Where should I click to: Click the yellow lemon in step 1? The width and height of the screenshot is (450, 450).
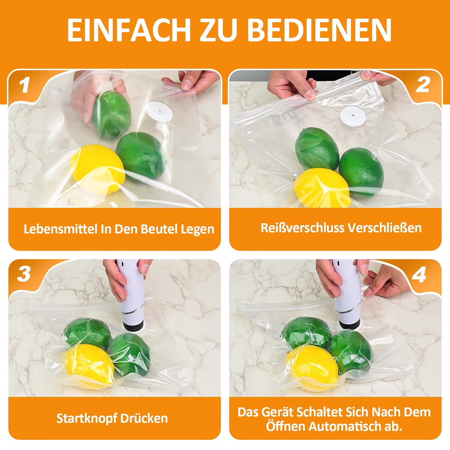coord(98,169)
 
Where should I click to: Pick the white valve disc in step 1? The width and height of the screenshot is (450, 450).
coord(159,111)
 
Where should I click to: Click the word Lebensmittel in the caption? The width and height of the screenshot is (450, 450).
coord(60,229)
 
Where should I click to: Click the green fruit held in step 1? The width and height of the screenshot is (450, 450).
coord(111,115)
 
